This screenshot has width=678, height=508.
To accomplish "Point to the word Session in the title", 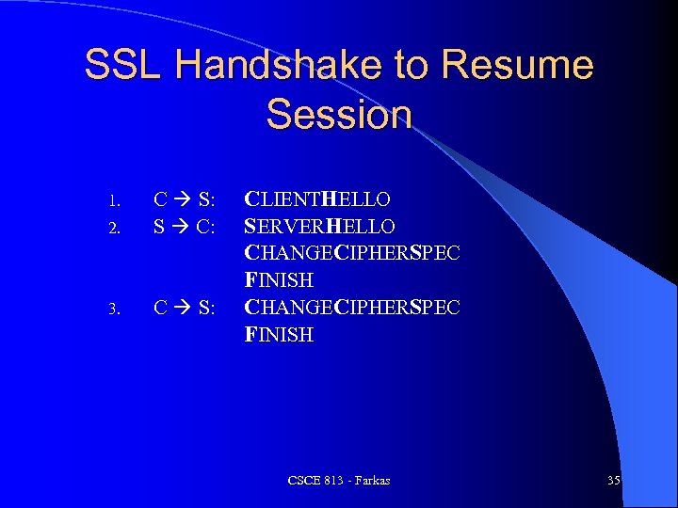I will click(x=339, y=114).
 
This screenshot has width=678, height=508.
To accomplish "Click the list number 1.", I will click(x=112, y=200).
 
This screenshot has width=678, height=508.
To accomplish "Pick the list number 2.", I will click(x=112, y=228).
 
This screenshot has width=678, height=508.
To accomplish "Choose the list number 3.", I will click(x=112, y=309).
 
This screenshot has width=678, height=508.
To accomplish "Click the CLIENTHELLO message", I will click(x=317, y=199).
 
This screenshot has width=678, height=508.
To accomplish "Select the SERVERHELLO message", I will click(x=319, y=227).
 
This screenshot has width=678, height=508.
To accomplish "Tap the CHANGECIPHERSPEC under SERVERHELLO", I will click(x=352, y=253).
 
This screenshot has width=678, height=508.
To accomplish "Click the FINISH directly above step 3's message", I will click(x=279, y=280).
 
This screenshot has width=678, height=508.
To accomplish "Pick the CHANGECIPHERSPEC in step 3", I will click(x=352, y=308).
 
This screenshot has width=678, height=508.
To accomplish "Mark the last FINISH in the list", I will click(x=279, y=334).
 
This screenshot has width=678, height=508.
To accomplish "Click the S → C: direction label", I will click(x=185, y=227).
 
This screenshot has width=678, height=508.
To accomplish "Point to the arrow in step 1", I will click(x=184, y=199).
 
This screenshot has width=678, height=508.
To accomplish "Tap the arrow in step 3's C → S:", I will click(x=184, y=308).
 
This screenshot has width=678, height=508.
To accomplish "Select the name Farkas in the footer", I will click(x=370, y=481).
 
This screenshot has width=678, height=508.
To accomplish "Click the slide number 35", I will click(x=614, y=481).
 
